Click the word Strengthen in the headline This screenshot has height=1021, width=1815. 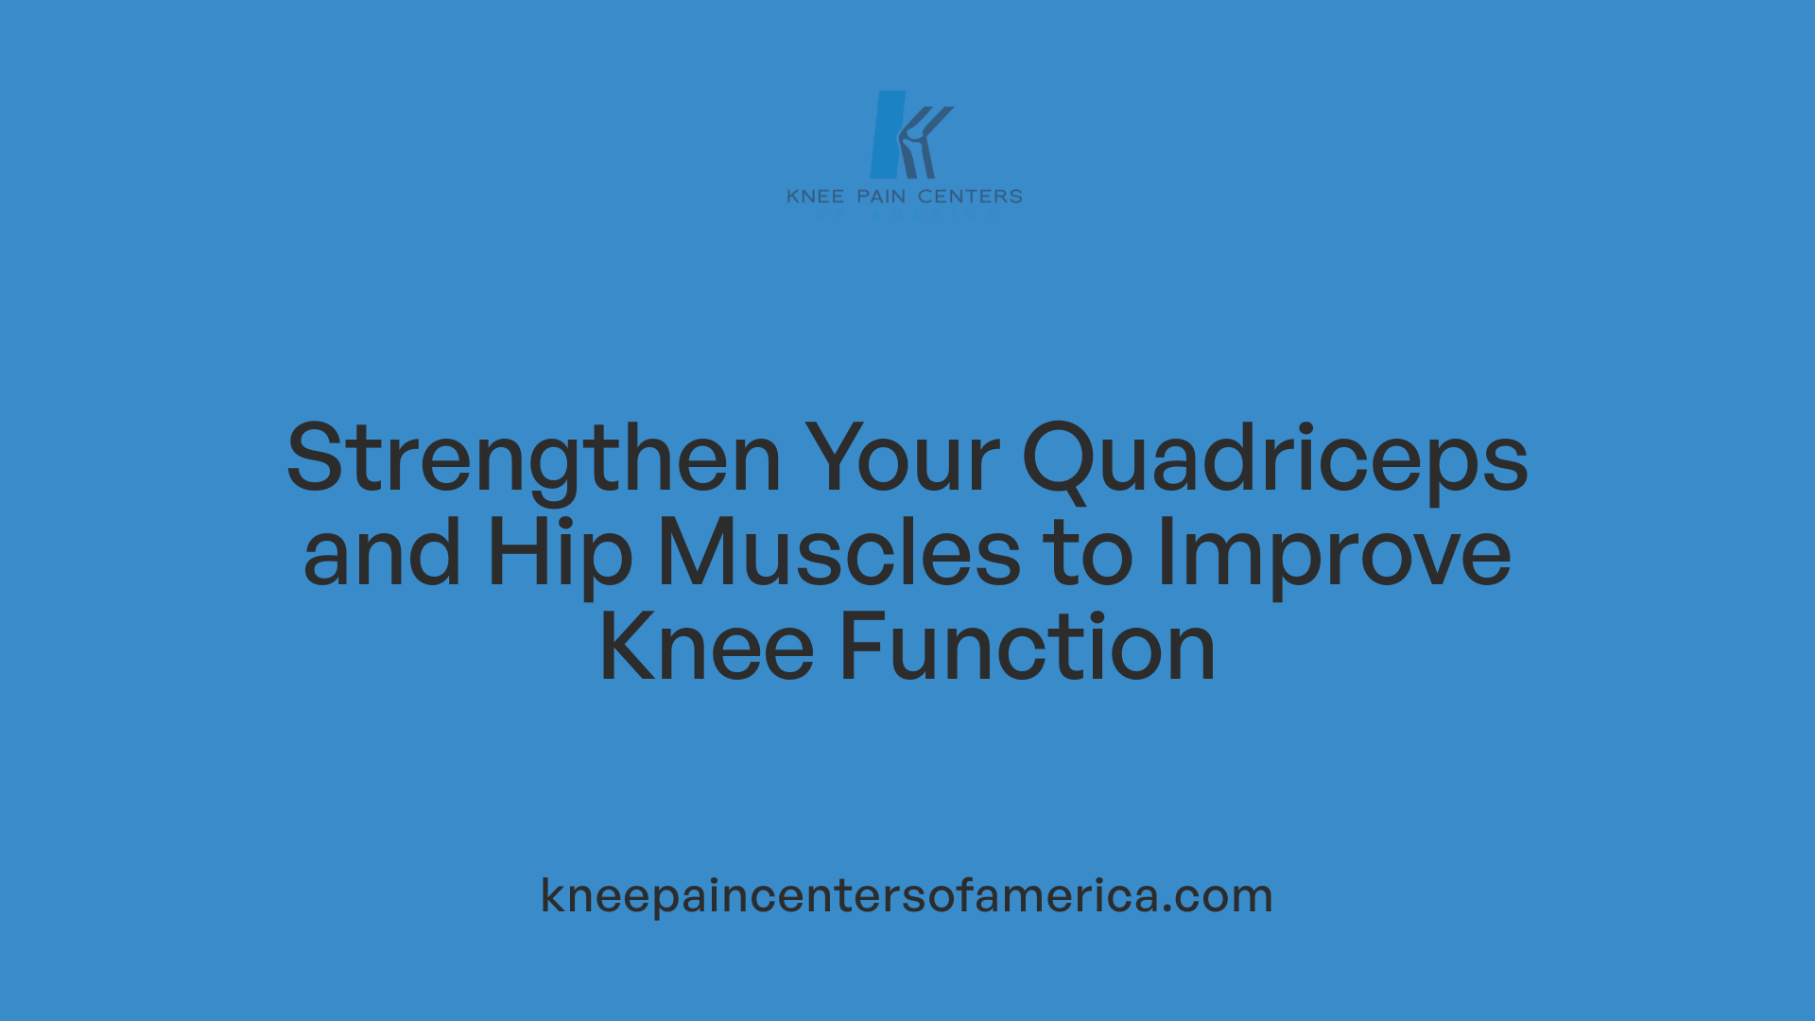pos(534,459)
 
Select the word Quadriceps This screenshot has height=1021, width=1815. pos(1275,459)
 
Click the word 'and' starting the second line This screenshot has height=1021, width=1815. pos(382,554)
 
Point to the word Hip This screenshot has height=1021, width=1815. pos(559,554)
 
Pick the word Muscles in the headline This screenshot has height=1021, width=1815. pos(838,554)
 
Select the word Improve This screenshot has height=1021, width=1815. pos(1334,554)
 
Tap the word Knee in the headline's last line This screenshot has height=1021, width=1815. pos(706,649)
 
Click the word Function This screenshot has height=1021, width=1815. pos(1028,649)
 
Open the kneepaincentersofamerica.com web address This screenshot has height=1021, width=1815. pos(907,895)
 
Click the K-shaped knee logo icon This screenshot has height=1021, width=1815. pos(909,134)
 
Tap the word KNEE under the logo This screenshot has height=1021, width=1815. pos(815,197)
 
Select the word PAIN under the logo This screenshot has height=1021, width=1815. pos(881,197)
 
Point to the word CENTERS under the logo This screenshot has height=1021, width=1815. pos(970,197)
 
